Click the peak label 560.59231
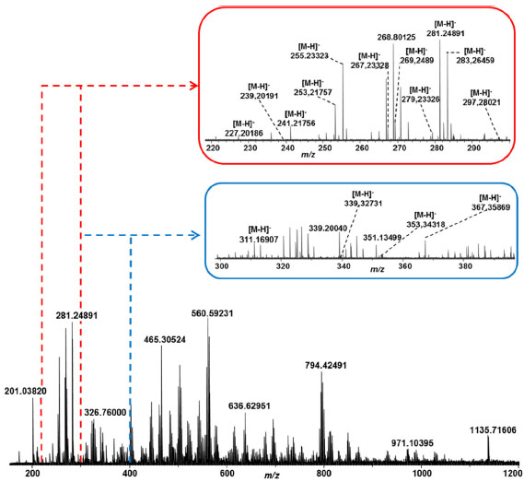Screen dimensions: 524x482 tap(212, 313)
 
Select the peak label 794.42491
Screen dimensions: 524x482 tap(326, 365)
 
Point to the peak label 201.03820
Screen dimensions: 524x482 tap(26, 391)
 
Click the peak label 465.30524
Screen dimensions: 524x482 tap(165, 340)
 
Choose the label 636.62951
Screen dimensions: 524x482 tap(250, 406)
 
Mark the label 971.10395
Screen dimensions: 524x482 tap(413, 443)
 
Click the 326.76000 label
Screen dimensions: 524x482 tap(105, 413)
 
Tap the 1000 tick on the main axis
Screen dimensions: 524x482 tap(421, 474)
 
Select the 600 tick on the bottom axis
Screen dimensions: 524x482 tap(227, 474)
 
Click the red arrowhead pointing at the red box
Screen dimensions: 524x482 tap(194, 86)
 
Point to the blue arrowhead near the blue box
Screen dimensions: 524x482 tap(195, 235)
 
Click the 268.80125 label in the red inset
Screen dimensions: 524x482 tap(397, 37)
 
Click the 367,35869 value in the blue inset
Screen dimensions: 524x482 tap(491, 207)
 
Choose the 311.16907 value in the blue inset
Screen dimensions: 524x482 tap(259, 240)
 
